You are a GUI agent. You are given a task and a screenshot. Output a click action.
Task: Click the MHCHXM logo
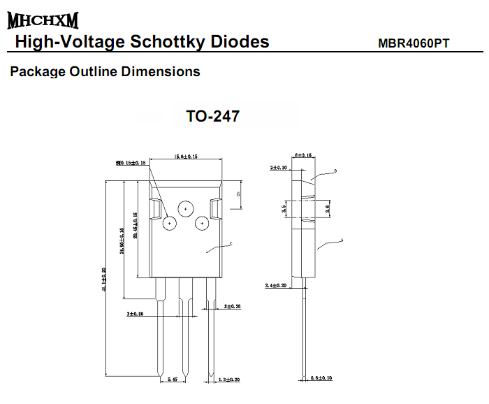point(43,20)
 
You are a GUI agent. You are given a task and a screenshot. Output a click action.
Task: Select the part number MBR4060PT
point(414,43)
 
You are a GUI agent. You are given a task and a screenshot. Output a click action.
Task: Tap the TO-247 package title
point(213,116)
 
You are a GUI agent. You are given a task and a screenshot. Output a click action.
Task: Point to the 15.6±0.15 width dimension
point(185,157)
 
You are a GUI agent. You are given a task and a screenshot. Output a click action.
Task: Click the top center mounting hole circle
point(186,208)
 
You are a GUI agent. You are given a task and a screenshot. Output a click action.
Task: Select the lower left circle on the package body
point(170,224)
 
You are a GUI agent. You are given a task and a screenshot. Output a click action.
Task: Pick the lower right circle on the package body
point(202,223)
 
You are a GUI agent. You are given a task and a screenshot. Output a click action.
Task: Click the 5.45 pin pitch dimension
point(173,380)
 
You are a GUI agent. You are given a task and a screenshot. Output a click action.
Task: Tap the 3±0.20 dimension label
point(135,315)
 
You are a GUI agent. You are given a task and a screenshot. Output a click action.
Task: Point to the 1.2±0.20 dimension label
point(228,380)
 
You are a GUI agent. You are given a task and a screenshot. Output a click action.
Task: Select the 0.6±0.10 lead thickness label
point(321,378)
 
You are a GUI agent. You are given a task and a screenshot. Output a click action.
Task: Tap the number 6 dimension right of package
point(238,194)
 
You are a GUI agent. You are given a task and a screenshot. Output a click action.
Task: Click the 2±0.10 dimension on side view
point(279,168)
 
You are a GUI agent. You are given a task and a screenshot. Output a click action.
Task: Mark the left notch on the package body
point(156,208)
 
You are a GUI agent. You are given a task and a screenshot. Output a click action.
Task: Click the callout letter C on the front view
point(231,244)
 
